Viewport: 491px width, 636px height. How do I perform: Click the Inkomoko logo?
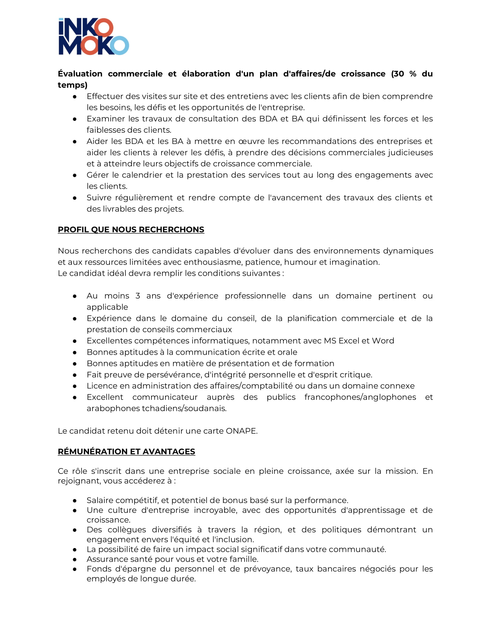[94, 36]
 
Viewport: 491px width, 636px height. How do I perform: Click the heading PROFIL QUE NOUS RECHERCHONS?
[131, 230]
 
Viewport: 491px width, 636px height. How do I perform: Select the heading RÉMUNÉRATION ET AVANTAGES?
[126, 451]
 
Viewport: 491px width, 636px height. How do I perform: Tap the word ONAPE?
[241, 431]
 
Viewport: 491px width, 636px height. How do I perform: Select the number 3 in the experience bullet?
[137, 296]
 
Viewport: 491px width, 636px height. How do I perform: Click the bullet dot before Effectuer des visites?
[75, 97]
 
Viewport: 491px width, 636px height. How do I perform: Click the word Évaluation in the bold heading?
[80, 74]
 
